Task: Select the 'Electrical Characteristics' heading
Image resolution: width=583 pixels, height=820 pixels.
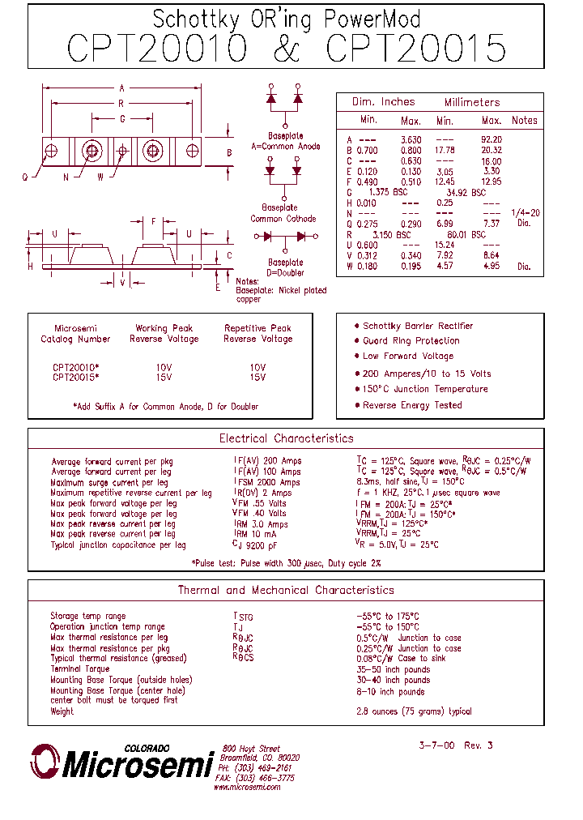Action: click(286, 438)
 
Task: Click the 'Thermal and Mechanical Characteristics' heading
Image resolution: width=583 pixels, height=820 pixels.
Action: click(286, 590)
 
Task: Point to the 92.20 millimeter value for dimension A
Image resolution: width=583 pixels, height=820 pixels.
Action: click(492, 139)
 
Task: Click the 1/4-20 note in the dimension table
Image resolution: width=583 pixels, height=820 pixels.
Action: click(525, 213)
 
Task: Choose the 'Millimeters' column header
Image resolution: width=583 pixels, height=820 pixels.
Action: click(472, 102)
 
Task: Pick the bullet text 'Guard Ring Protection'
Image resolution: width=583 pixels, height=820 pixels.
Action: click(411, 341)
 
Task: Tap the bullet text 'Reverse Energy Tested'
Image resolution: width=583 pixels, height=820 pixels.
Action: click(412, 405)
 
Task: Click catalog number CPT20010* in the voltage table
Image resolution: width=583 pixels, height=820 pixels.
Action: click(76, 367)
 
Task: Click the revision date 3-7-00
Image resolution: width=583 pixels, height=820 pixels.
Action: click(437, 745)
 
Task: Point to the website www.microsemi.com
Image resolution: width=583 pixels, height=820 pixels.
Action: click(247, 787)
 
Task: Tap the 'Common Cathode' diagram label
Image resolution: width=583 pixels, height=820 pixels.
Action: click(283, 219)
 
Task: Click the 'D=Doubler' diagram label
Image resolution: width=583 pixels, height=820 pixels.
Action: click(285, 273)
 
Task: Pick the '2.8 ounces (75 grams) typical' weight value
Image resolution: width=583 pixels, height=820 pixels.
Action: click(414, 711)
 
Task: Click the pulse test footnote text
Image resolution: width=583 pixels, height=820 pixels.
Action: click(286, 562)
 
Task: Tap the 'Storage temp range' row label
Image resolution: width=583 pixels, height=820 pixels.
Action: click(88, 617)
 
